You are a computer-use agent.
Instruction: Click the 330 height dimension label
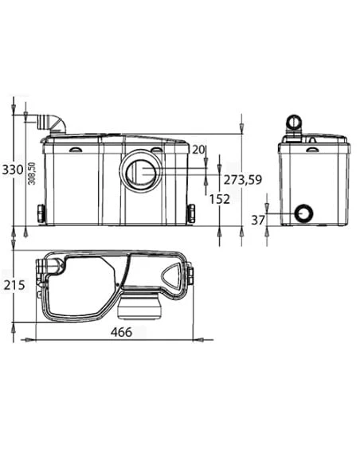click(x=13, y=170)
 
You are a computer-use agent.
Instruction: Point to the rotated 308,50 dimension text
click(x=31, y=174)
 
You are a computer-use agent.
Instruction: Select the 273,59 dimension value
click(x=243, y=180)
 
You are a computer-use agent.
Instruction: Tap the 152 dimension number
click(x=220, y=199)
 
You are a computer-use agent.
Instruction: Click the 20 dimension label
click(x=198, y=150)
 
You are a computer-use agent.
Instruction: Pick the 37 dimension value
click(x=258, y=221)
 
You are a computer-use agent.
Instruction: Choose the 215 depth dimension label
click(x=14, y=285)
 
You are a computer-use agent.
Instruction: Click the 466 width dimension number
click(x=121, y=332)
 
